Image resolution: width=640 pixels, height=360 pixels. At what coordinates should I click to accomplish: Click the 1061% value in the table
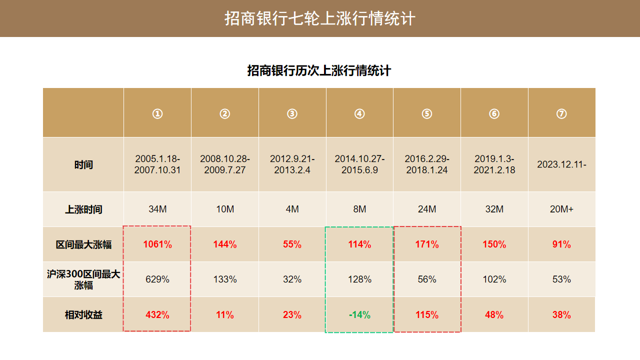click(x=157, y=244)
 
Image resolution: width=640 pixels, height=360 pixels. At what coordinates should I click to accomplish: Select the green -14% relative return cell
click(x=359, y=315)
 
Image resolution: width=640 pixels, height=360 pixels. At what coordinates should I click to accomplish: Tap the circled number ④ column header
click(x=359, y=113)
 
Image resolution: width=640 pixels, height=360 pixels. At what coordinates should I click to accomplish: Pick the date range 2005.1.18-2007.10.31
click(x=157, y=164)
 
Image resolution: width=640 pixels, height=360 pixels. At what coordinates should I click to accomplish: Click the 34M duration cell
click(x=157, y=209)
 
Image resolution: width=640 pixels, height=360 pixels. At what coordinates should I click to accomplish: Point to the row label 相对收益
click(x=83, y=315)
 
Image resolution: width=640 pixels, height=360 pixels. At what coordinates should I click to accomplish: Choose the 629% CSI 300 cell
click(x=157, y=279)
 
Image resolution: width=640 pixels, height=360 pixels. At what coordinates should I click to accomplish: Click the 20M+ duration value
click(x=561, y=209)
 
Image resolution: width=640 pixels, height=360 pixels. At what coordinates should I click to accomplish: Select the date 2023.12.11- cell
click(x=561, y=164)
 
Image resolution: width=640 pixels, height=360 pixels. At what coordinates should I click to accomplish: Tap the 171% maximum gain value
click(x=427, y=244)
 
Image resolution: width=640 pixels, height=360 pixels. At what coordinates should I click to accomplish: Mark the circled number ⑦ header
click(x=561, y=113)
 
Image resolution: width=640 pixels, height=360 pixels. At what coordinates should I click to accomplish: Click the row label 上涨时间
click(x=83, y=209)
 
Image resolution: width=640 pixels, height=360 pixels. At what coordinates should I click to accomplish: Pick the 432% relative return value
click(x=157, y=315)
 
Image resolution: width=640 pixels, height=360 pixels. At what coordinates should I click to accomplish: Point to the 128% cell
click(x=359, y=279)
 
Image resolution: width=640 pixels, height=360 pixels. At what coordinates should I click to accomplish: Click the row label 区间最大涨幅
click(x=83, y=244)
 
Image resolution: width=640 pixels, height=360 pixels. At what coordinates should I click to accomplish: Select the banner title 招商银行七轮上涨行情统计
click(x=320, y=18)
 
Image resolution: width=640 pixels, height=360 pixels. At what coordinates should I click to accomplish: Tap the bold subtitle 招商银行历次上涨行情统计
click(x=319, y=70)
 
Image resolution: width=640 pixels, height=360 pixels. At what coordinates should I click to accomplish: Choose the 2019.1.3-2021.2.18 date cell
click(x=494, y=164)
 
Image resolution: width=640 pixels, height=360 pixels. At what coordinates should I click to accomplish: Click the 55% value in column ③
click(x=292, y=244)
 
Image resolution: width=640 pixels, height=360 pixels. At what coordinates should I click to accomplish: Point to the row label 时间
click(x=83, y=164)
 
